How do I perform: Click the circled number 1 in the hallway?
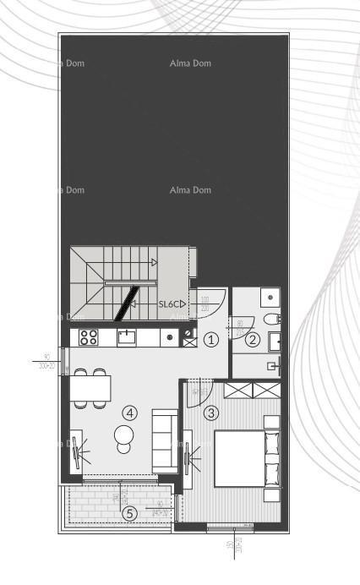click(x=211, y=338)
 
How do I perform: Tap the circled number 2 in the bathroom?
click(x=252, y=341)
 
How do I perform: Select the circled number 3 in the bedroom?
click(x=211, y=413)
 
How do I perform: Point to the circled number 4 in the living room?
click(x=129, y=413)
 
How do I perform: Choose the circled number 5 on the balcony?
click(x=129, y=512)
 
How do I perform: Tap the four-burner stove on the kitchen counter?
click(x=89, y=337)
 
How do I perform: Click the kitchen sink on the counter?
click(x=127, y=337)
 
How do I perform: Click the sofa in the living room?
click(x=164, y=440)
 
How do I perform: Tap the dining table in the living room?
click(x=90, y=388)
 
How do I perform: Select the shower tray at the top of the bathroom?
click(x=268, y=298)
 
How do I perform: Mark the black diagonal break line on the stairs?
click(x=127, y=303)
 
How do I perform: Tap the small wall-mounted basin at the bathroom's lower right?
click(x=272, y=366)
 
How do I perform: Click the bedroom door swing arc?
click(x=195, y=396)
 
